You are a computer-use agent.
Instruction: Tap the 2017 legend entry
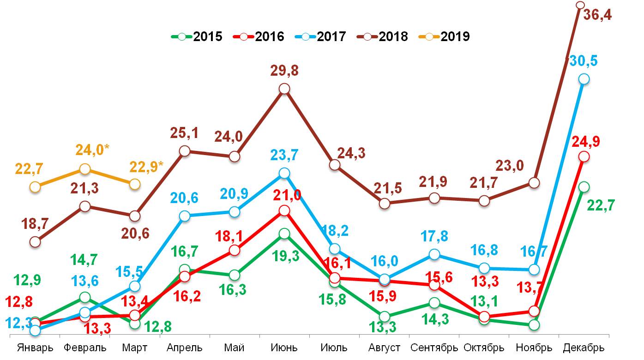[x=321, y=36]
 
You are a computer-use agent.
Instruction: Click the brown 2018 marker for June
[x=285, y=89]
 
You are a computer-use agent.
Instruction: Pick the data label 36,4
[x=610, y=15]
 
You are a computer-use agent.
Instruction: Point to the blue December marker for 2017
[x=584, y=79]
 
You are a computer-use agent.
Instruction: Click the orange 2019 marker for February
[x=85, y=169]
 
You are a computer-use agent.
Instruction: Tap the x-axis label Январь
[x=35, y=348]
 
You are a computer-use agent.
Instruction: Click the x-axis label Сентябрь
[x=434, y=348]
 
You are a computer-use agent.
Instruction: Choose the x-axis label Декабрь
[x=584, y=348]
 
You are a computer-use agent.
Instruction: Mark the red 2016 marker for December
[x=584, y=157]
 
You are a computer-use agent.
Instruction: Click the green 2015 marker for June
[x=285, y=234]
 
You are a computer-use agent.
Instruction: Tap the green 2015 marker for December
[x=584, y=187]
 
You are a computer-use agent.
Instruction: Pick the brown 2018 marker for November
[x=534, y=183]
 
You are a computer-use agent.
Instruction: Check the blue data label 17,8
[x=434, y=236]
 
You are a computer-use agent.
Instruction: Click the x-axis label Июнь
[x=285, y=348]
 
